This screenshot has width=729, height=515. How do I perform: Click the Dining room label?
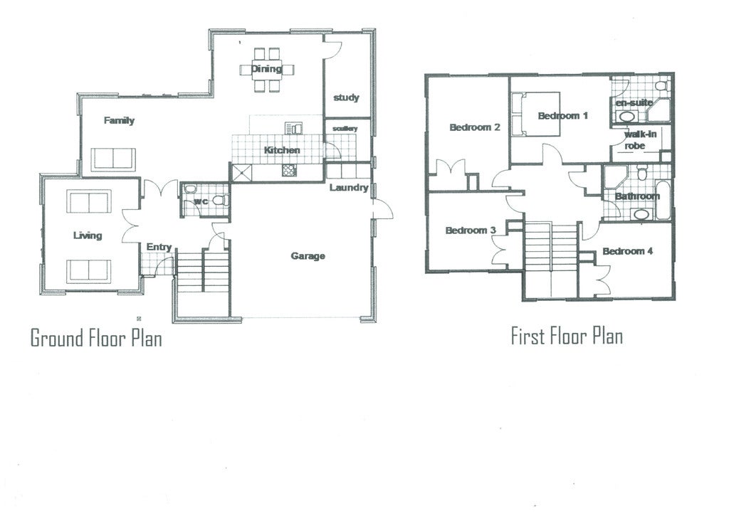(266, 69)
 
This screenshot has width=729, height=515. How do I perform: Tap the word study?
(347, 97)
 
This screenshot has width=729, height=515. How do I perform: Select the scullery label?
(345, 129)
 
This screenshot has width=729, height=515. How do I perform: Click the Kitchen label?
(282, 150)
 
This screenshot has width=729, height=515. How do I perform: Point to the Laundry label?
(349, 188)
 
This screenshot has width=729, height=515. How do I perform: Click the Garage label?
(308, 256)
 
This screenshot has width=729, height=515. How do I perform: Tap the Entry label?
(159, 247)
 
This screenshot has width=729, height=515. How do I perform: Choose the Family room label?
(119, 121)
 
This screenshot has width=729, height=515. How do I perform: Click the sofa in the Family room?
(113, 159)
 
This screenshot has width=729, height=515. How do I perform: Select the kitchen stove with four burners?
(289, 170)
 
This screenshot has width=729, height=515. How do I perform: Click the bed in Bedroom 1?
(535, 114)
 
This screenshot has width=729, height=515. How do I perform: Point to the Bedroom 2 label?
(475, 127)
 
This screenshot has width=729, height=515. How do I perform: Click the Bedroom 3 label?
(471, 230)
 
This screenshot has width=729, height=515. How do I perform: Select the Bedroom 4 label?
(628, 251)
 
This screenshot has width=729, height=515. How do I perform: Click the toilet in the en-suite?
(661, 85)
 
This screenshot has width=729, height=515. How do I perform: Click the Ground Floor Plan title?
(96, 338)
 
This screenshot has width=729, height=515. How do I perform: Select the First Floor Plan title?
(567, 336)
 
